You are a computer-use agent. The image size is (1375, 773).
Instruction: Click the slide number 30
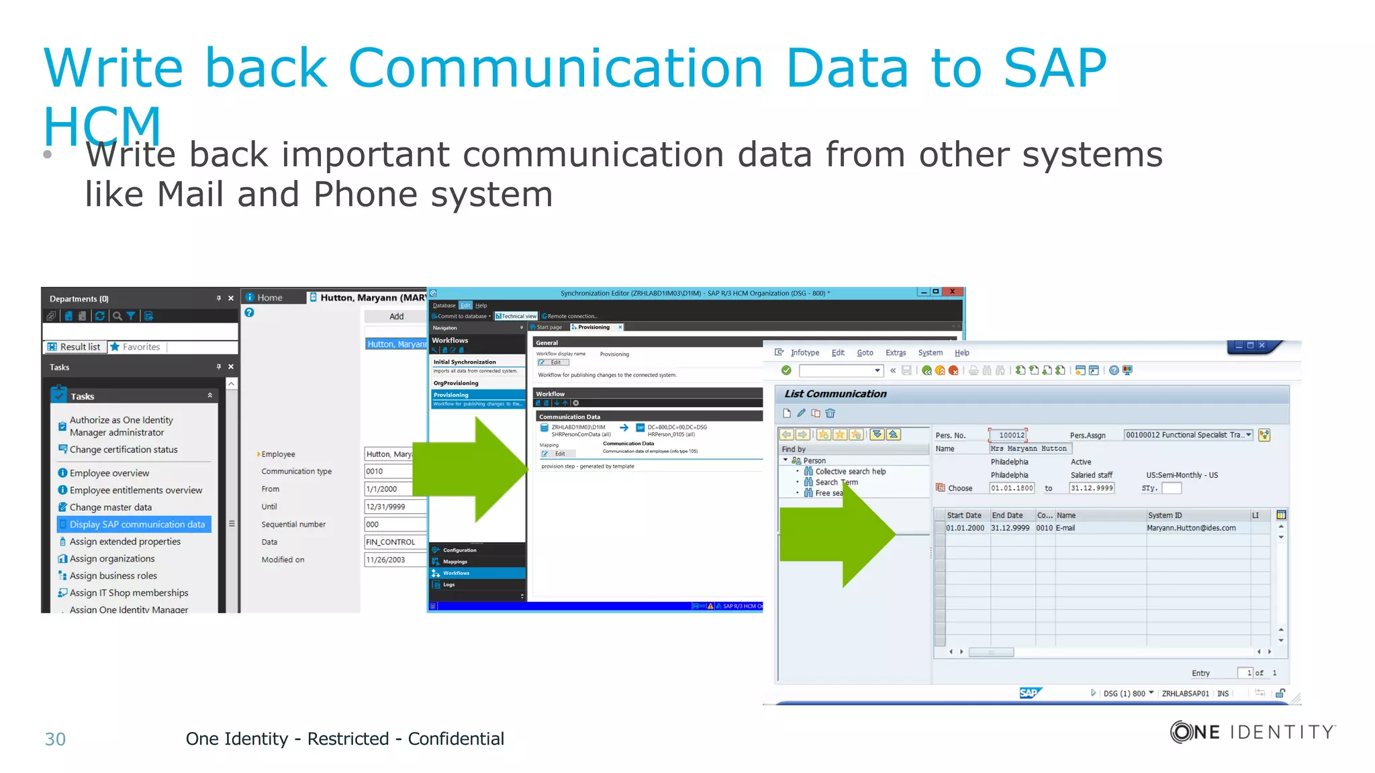coord(55,739)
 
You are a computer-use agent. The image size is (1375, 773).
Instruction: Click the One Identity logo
coord(1252,732)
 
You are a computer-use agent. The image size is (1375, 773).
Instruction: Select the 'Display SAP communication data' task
coord(136,525)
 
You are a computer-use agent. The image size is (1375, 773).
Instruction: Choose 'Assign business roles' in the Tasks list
coord(113,576)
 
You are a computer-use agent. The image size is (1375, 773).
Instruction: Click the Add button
coord(396,316)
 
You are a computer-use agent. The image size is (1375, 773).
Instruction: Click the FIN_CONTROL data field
coord(392,542)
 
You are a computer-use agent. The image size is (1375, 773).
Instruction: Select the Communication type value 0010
coord(392,472)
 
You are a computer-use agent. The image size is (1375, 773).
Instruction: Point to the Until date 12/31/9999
coord(392,507)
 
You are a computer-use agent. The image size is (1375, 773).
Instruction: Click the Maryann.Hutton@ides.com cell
coord(1191,528)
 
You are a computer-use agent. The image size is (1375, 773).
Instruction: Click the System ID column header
coord(1165,515)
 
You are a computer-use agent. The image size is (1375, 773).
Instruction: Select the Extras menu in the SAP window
coord(895,353)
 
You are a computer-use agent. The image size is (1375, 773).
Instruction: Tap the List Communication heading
coord(835,394)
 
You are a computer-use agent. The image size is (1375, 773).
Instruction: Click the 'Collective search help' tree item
coord(850,472)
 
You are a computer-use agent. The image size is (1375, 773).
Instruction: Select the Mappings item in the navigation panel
coord(455,562)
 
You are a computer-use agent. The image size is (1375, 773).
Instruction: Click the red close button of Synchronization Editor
coord(952,292)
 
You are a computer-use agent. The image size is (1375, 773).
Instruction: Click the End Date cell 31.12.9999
coord(1010,528)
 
